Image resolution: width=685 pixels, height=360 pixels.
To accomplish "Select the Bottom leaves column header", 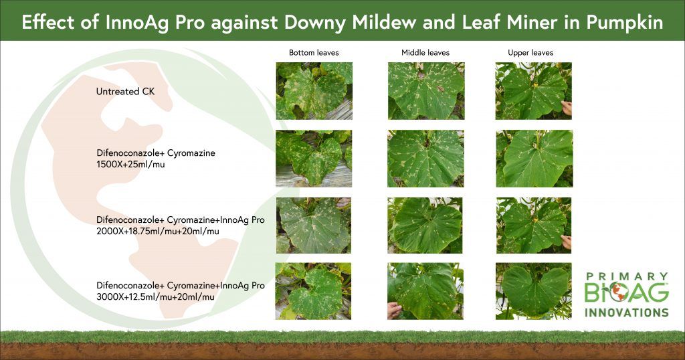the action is [314, 53].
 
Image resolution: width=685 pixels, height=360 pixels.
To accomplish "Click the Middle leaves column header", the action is [425, 53].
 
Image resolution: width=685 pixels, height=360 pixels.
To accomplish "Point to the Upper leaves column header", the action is [530, 53].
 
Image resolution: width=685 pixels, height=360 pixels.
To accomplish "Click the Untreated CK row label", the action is [125, 92].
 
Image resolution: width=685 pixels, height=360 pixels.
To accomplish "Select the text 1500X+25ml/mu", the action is [130, 165].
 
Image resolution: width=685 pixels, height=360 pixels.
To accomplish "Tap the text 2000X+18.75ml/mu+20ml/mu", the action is [158, 231].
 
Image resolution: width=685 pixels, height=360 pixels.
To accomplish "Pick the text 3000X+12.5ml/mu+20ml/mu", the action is [155, 297].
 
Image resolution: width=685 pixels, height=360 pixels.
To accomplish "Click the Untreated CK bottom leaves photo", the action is [314, 91].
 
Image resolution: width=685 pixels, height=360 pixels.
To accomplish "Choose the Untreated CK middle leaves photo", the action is [426, 91].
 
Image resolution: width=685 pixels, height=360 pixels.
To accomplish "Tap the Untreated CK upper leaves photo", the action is [533, 91].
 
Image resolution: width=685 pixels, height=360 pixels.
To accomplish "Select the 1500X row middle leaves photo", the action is [425, 159].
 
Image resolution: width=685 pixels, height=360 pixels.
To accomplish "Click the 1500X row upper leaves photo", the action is [534, 159].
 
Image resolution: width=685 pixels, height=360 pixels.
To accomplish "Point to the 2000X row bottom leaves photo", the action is [314, 226].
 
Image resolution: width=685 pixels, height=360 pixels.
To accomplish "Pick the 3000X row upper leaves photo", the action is [533, 291].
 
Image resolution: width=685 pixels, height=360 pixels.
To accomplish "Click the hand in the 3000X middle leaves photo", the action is [394, 310].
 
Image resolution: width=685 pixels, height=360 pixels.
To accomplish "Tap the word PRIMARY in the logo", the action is [627, 276].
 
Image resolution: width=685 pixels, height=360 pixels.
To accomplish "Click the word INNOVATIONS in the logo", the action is [627, 312].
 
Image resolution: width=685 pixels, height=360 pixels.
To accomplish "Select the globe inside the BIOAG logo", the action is [617, 292].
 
